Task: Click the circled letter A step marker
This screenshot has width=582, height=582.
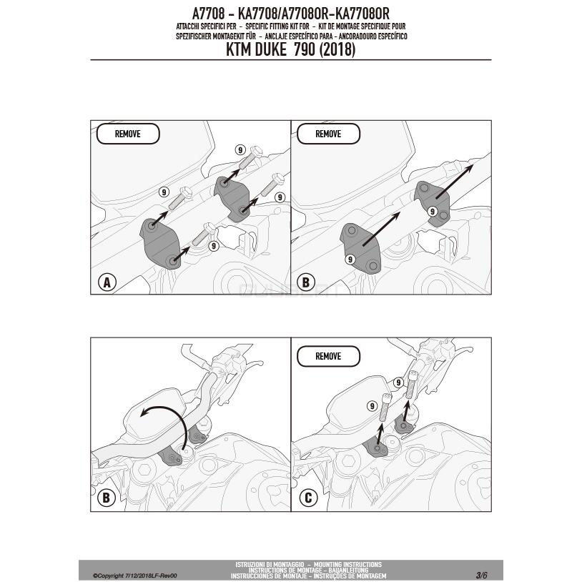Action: point(107,282)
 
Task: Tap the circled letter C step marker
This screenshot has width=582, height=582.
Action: point(308,498)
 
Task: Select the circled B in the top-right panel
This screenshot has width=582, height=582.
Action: point(305,282)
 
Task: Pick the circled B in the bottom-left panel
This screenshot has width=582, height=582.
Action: point(106,498)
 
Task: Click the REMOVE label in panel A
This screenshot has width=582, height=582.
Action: point(128,134)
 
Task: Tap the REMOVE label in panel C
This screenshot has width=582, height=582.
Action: point(328,356)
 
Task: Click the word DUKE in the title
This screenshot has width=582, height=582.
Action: point(270,50)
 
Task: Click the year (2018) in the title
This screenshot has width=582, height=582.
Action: point(337,50)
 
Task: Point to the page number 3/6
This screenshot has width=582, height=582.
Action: point(481,576)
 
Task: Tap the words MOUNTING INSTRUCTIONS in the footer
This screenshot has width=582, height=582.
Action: point(347,565)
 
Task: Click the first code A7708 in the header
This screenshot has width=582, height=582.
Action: point(208,14)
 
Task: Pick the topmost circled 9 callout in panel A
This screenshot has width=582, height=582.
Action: point(240,150)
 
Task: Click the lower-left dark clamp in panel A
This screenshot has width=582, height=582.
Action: point(160,243)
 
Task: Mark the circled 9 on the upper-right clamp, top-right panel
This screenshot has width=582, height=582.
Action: point(432,211)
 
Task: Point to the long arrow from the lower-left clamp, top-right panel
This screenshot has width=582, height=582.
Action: point(381,229)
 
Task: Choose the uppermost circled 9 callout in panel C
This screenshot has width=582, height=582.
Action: point(398,383)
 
